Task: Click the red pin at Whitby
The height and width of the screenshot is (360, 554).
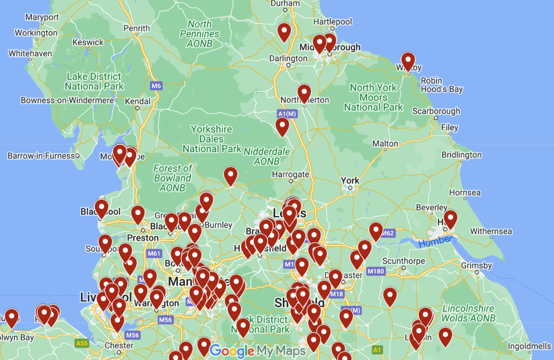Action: point(408,61)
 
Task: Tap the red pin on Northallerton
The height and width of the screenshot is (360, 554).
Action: point(304,93)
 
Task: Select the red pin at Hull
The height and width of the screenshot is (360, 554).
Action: point(450,219)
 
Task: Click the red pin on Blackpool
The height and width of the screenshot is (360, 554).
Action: point(102,208)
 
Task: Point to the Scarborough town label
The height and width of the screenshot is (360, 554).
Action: point(436,111)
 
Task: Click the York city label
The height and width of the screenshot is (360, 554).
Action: point(350,180)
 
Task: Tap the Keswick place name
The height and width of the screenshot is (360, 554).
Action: point(88,42)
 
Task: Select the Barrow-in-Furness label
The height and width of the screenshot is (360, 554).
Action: point(41,156)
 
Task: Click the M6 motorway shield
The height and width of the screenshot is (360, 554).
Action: point(156,86)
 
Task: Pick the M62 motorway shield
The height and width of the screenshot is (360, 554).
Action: point(388,233)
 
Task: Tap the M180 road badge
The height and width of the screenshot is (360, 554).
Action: point(375,271)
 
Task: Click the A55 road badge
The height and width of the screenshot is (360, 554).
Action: point(82,343)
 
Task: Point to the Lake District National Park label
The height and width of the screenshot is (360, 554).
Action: point(94,82)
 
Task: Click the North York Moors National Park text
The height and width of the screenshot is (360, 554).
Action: point(373,97)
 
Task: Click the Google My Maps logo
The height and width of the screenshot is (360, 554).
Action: point(258,351)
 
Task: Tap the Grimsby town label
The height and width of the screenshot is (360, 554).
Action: point(476,266)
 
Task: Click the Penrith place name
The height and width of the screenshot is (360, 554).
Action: point(137,28)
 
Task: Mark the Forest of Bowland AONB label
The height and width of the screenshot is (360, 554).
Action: point(173,178)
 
